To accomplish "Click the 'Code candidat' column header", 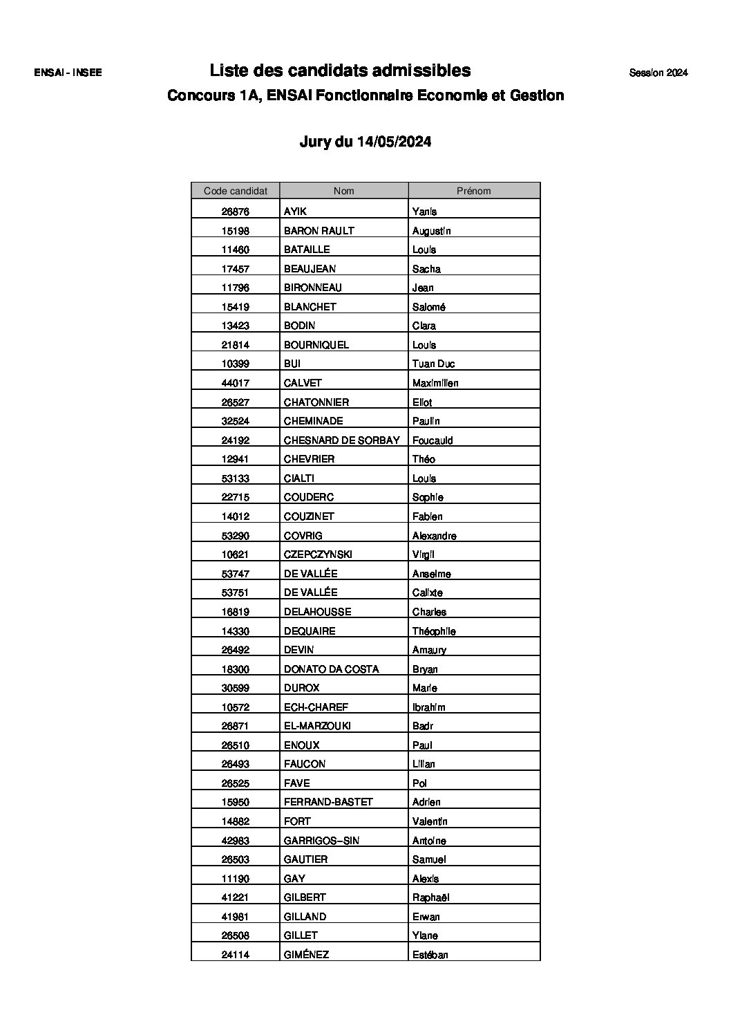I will (235, 191).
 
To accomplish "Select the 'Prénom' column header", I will (473, 191).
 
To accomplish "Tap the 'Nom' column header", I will (343, 191).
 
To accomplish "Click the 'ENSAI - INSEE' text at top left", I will (68, 73).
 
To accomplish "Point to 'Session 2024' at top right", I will (658, 73).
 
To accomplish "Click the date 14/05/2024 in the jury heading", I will (394, 142).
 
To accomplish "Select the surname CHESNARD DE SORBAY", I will (341, 440).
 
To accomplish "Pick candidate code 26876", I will (235, 212).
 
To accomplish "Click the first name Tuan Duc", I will (433, 364).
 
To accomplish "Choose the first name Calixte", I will (427, 593).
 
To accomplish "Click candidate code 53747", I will (235, 573).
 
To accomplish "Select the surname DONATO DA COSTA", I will (331, 669).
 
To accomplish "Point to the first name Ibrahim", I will (428, 707).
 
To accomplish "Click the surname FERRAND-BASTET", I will (328, 802).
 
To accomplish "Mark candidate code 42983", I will (235, 840).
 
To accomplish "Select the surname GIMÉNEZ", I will (306, 954).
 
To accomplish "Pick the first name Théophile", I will (434, 631).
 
